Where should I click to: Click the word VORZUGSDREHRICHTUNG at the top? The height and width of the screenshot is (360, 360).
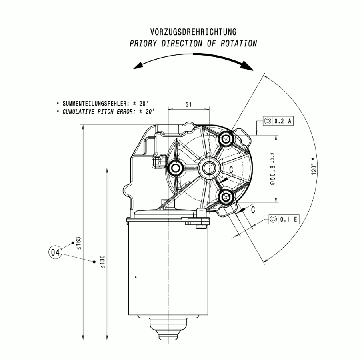[x=193, y=32]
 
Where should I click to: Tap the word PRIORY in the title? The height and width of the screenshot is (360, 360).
[x=144, y=44]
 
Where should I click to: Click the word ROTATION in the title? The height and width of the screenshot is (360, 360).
[x=239, y=44]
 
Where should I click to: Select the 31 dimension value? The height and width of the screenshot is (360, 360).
[x=189, y=104]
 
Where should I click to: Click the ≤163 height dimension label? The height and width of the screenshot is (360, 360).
[x=78, y=243]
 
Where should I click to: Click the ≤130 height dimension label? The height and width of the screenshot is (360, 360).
[x=103, y=262]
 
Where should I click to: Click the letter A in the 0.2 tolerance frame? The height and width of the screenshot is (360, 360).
[x=290, y=121]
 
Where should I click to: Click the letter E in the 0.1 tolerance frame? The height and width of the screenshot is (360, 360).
[x=295, y=219]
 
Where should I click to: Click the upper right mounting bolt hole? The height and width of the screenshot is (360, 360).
[x=227, y=139]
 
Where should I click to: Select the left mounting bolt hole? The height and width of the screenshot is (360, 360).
[x=175, y=168]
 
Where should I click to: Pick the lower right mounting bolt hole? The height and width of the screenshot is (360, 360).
[x=227, y=197]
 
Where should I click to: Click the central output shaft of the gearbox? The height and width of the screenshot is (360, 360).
[x=208, y=168]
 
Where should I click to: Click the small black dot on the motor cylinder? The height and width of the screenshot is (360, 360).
[x=136, y=277]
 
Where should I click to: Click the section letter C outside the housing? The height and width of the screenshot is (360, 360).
[x=253, y=209]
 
